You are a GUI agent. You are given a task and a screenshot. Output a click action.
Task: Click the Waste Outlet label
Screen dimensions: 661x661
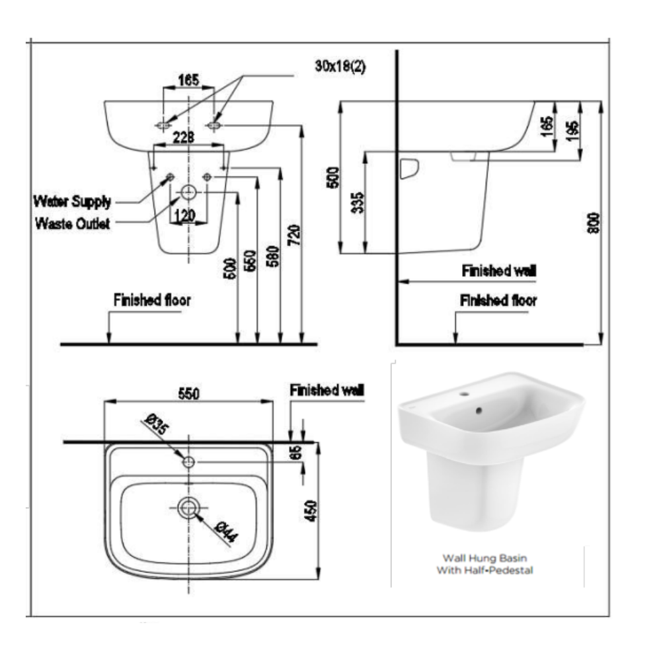[x=73, y=224]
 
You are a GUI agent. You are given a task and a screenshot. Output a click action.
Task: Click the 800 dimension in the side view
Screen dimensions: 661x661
[x=594, y=223]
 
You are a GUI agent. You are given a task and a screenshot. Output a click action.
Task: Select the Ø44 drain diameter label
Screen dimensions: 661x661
[x=225, y=531]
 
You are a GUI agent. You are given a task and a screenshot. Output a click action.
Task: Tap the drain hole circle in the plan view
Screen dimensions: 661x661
[x=189, y=507]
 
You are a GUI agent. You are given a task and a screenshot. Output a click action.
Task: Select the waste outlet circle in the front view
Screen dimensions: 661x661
[x=189, y=193]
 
